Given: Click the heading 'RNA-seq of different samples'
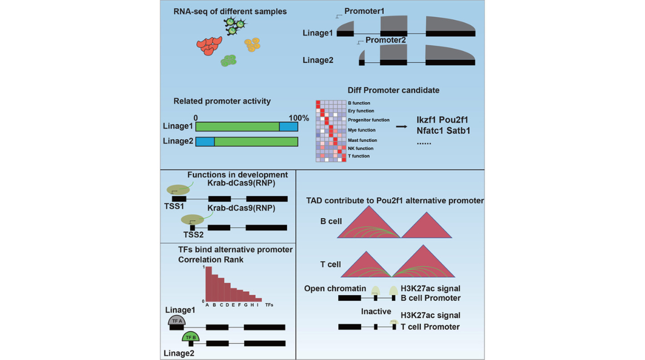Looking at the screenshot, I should coord(230,11).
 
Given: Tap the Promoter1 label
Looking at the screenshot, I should coord(364,11).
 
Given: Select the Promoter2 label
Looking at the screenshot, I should coord(385,40).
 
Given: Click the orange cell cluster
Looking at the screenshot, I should coord(252,45).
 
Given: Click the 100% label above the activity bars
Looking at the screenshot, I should coord(299,118).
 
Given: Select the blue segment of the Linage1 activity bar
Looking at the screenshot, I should coord(289,127).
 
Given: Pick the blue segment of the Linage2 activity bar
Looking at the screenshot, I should coord(205,141).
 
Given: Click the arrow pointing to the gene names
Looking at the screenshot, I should coord(402,127).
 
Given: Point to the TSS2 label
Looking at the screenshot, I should coord(193,235).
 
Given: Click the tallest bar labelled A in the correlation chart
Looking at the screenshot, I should coord(207,284).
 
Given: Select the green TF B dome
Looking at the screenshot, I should coord(190,337).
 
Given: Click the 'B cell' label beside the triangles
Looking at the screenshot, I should coord(331,221).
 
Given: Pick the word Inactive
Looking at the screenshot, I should coord(376,312).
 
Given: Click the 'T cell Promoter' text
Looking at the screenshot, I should coord(430,327).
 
